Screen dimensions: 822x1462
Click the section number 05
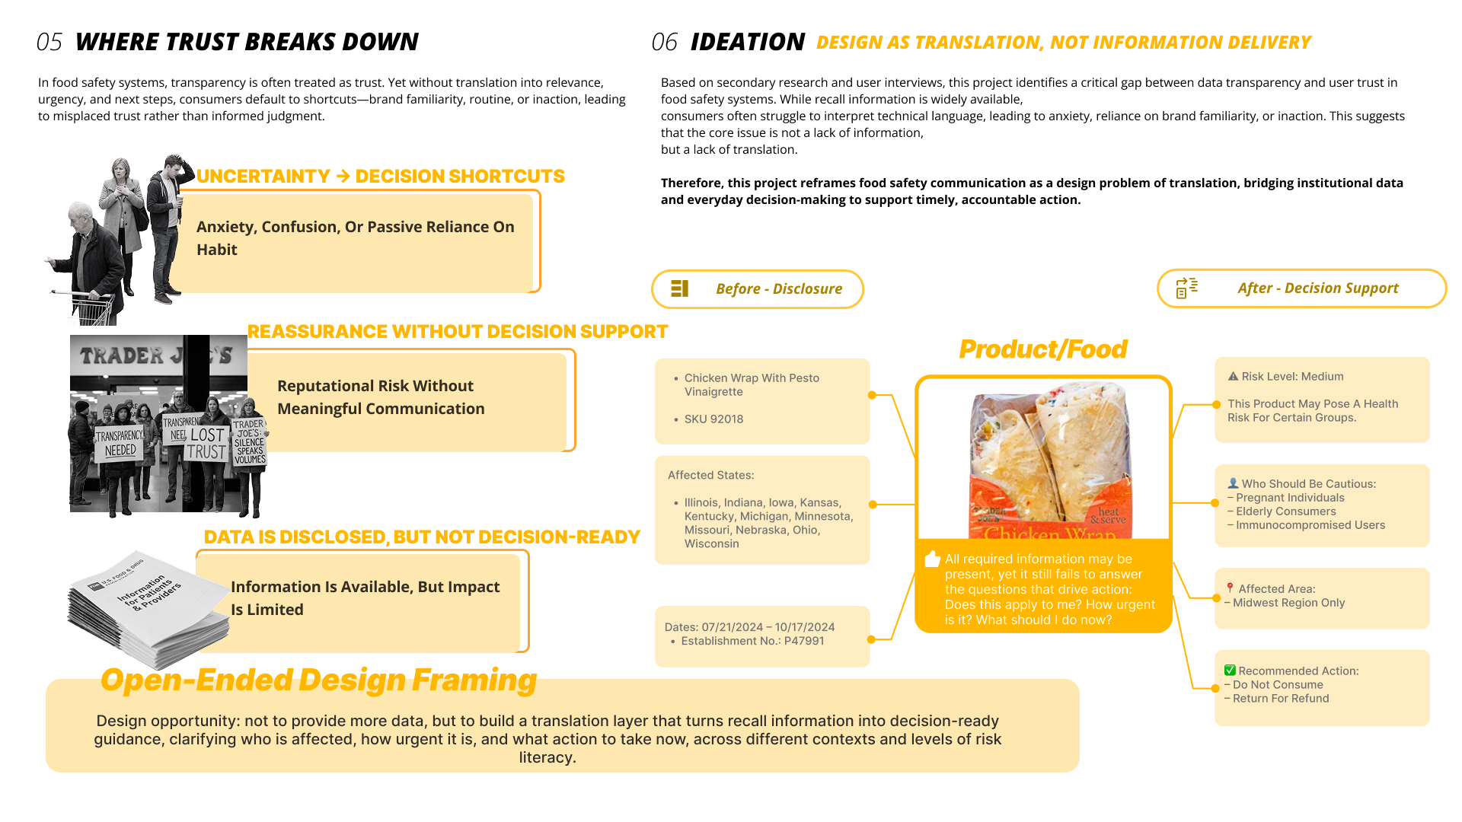(x=49, y=42)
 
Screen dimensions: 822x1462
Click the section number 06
(x=664, y=42)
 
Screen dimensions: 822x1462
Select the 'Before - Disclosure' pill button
(x=758, y=289)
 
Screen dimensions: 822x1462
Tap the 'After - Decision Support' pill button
(x=1301, y=288)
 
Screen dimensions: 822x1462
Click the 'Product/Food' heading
(x=1042, y=349)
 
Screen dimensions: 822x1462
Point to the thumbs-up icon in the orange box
(x=932, y=559)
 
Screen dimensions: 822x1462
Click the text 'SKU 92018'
(x=713, y=419)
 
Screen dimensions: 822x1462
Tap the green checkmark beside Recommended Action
(x=1230, y=671)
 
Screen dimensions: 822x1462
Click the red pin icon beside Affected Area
(x=1230, y=588)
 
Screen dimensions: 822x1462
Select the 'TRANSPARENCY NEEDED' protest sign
(x=120, y=443)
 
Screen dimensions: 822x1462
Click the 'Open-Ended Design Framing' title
(x=318, y=680)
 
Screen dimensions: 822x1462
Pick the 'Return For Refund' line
(x=1281, y=699)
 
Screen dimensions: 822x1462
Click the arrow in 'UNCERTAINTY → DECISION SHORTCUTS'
(x=343, y=177)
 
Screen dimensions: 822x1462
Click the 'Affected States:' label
(x=710, y=475)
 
